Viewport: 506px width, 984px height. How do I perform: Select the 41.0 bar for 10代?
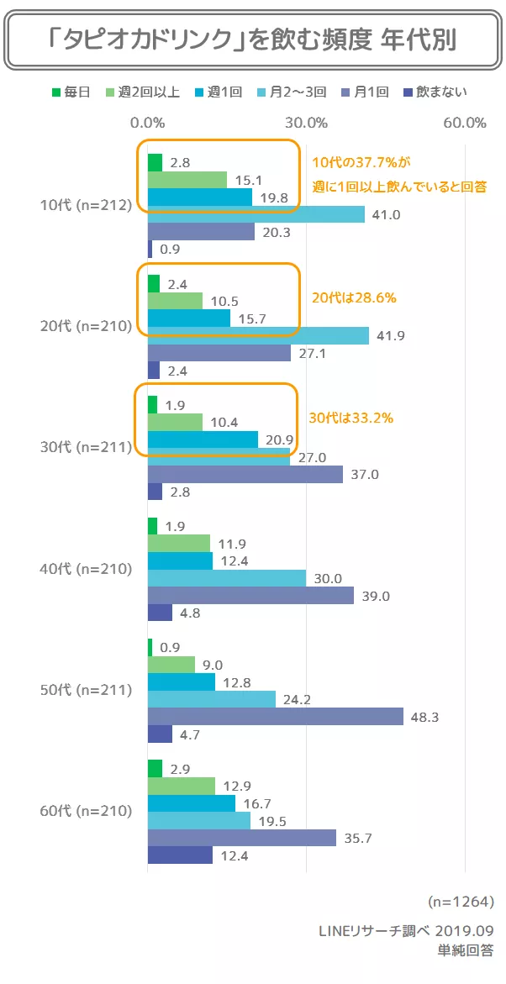256,214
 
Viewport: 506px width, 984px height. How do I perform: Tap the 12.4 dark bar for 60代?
180,855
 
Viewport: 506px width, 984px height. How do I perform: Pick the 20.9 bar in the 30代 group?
203,439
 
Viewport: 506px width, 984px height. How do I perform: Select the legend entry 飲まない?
435,92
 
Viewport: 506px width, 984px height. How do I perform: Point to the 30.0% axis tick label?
307,123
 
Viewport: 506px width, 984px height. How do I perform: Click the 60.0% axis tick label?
465,123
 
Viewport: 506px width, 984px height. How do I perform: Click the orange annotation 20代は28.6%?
353,297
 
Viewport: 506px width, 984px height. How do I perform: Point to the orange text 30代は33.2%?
352,417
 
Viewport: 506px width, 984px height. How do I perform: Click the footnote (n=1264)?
461,901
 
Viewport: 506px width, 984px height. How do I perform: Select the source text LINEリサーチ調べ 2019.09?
406,930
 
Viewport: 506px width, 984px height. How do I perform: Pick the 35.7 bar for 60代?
242,838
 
